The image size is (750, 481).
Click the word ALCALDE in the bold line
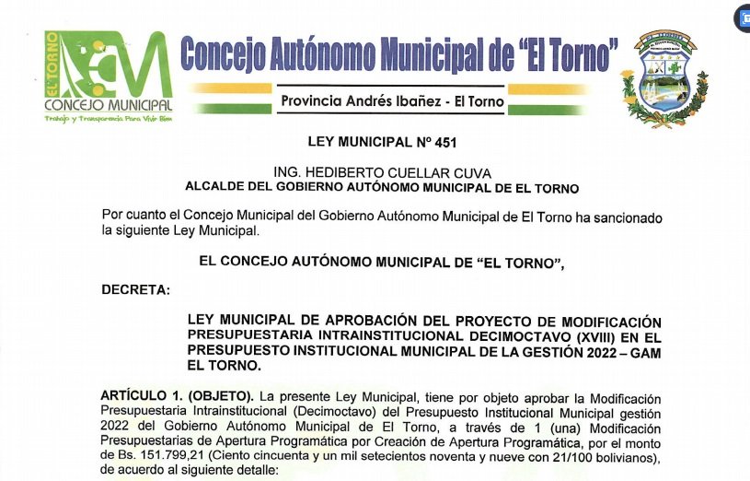[213, 188]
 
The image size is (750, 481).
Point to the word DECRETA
[136, 291]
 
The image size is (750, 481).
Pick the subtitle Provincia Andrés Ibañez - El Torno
[392, 101]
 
